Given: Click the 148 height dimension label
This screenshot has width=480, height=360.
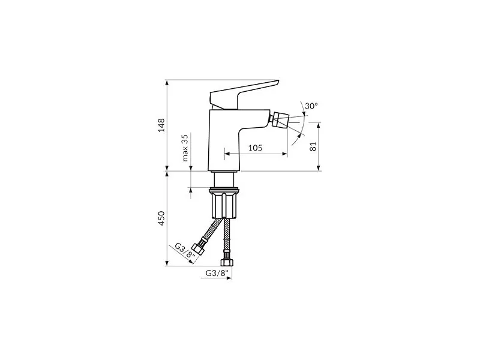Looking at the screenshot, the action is [x=161, y=125].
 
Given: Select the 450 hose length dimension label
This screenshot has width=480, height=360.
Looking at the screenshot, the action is [x=161, y=218].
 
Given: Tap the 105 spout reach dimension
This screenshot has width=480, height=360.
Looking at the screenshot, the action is [x=255, y=148].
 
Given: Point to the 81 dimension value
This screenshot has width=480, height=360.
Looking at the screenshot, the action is [x=313, y=146].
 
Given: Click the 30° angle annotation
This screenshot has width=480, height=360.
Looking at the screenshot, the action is [x=311, y=106].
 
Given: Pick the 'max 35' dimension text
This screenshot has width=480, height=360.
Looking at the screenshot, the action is [x=185, y=148].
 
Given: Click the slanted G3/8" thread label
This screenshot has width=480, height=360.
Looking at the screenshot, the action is [x=185, y=251].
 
